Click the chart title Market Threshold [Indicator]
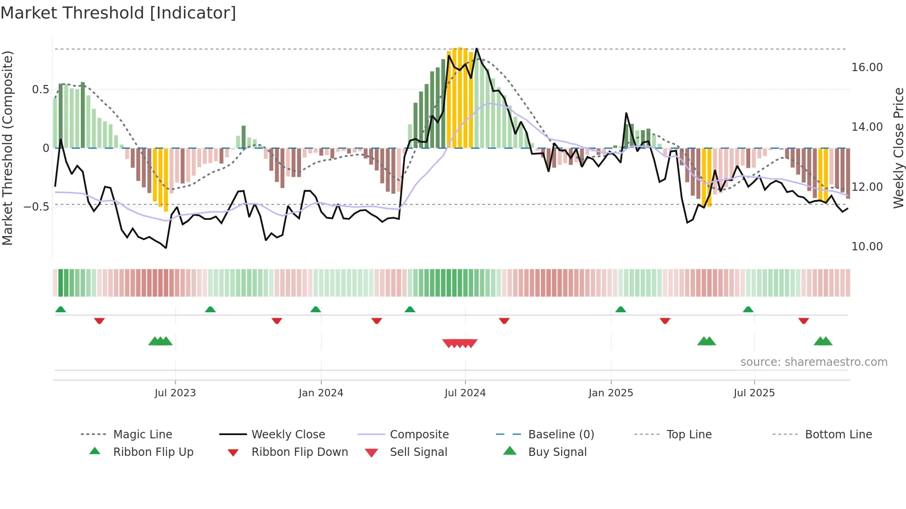[x=118, y=13]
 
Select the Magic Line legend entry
[x=142, y=435]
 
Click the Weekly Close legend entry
[x=288, y=435]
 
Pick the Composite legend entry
[x=419, y=435]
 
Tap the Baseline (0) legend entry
[x=561, y=435]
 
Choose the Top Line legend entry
[x=689, y=435]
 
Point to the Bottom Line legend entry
[x=838, y=435]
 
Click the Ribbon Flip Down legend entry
[x=299, y=452]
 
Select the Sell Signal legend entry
[x=418, y=452]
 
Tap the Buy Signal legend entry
[x=557, y=452]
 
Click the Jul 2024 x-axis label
[x=465, y=393]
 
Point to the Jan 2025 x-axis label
[x=611, y=393]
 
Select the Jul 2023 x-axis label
[x=175, y=393]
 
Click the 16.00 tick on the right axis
[x=867, y=67]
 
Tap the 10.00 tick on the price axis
[x=867, y=247]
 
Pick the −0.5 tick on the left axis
[x=36, y=207]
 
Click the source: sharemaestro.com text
[x=814, y=362]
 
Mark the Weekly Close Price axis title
[x=898, y=148]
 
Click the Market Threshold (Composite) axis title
[x=8, y=148]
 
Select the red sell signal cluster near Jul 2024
[x=459, y=343]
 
